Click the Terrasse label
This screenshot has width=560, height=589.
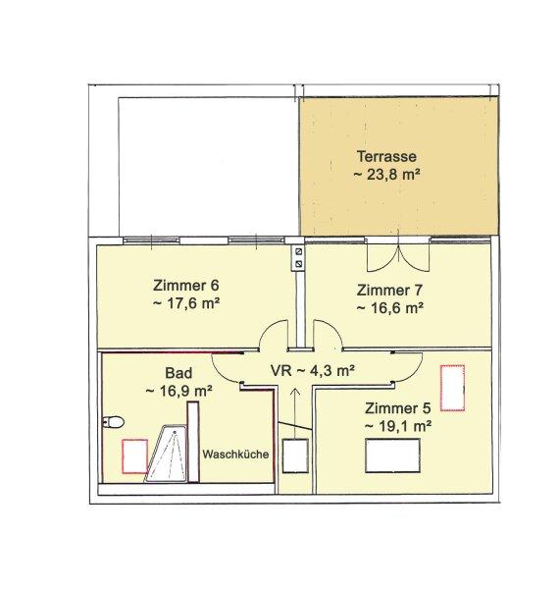[386, 157]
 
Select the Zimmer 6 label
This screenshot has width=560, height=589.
[185, 285]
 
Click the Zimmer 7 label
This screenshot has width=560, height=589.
[389, 290]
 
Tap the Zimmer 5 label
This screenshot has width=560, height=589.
[398, 408]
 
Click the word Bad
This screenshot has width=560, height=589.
[178, 373]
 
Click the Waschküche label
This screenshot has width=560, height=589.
[235, 455]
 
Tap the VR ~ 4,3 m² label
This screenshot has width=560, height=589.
[313, 371]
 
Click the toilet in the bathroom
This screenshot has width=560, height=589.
[113, 422]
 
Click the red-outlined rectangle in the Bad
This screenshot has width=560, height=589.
[134, 455]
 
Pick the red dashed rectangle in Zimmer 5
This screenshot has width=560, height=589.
[452, 388]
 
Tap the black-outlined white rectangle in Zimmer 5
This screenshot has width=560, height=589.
[392, 455]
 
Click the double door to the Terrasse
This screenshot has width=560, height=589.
[398, 255]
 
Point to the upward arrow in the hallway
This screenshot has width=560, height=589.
[295, 413]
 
